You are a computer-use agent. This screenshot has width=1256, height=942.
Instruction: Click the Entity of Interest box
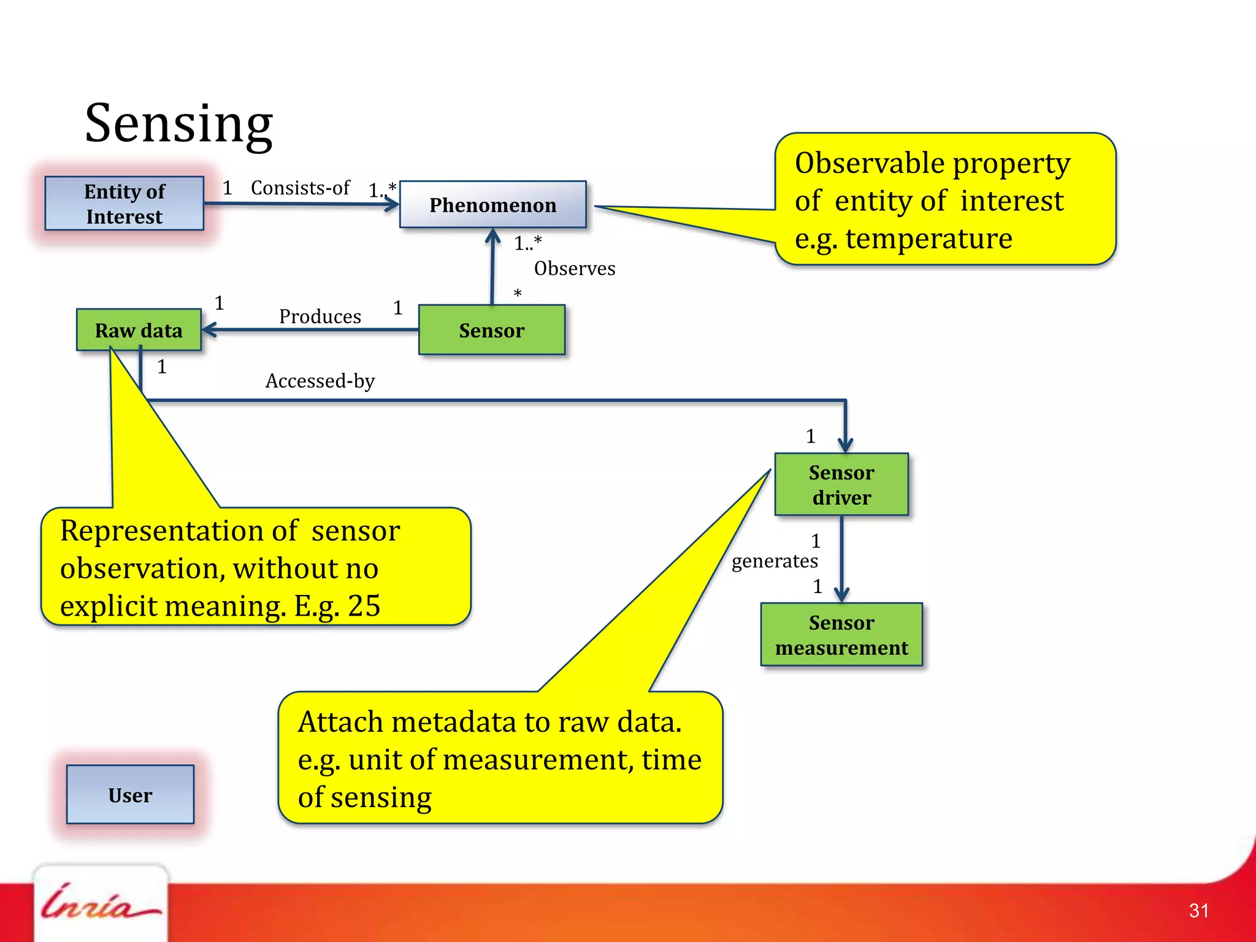pyautogui.click(x=124, y=204)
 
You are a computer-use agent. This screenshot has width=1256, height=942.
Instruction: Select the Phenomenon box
pyautogui.click(x=492, y=205)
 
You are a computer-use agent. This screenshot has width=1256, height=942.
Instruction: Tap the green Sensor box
pyautogui.click(x=491, y=330)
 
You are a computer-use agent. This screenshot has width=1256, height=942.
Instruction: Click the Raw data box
pyautogui.click(x=139, y=330)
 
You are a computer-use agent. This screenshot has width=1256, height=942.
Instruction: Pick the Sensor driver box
pyautogui.click(x=841, y=484)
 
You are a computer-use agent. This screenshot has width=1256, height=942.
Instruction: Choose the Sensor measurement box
pyautogui.click(x=841, y=635)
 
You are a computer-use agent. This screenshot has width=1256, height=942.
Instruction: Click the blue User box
pyautogui.click(x=130, y=795)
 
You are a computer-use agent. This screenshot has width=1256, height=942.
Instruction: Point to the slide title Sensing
pyautogui.click(x=178, y=124)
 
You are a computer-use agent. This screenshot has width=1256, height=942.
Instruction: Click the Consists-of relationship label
pyautogui.click(x=300, y=188)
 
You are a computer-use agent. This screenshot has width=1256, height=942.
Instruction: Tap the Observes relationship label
pyautogui.click(x=574, y=269)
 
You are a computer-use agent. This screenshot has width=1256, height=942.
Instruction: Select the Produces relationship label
pyautogui.click(x=320, y=316)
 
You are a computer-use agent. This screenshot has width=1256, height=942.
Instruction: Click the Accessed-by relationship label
pyautogui.click(x=320, y=381)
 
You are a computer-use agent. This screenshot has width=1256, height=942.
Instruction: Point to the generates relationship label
pyautogui.click(x=774, y=561)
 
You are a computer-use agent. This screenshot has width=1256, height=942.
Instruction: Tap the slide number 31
pyautogui.click(x=1198, y=911)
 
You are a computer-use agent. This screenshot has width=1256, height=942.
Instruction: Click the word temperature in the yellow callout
pyautogui.click(x=929, y=239)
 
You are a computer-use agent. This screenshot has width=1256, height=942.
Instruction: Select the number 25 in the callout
pyautogui.click(x=364, y=606)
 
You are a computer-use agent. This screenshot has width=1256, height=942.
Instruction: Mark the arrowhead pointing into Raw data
pyautogui.click(x=209, y=330)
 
